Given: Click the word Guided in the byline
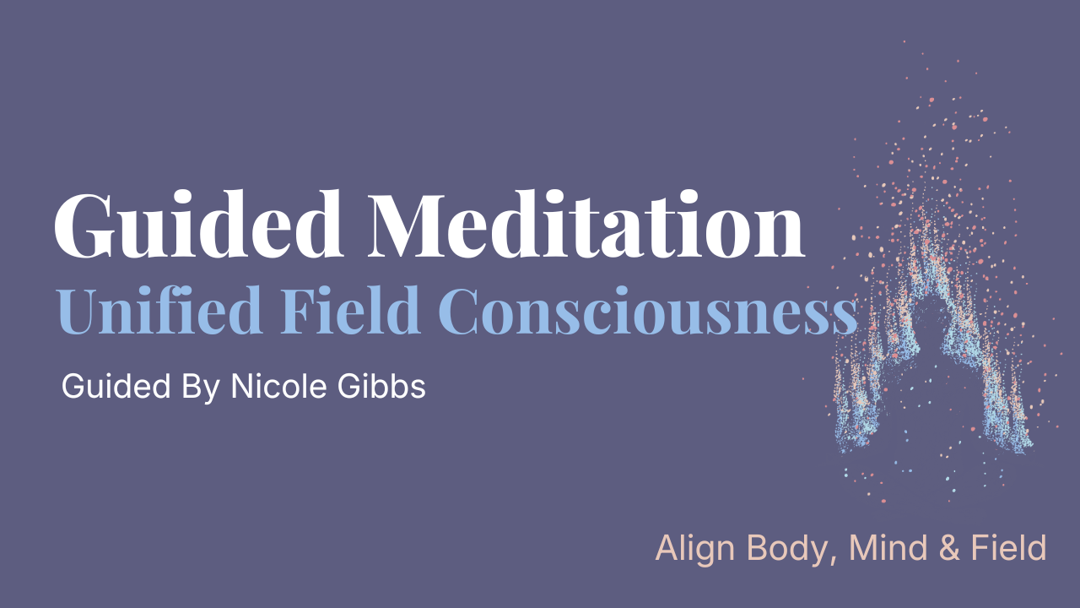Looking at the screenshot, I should [x=113, y=388].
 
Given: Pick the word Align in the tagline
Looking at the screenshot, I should [x=689, y=550].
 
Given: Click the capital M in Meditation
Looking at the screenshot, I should [x=401, y=226].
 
